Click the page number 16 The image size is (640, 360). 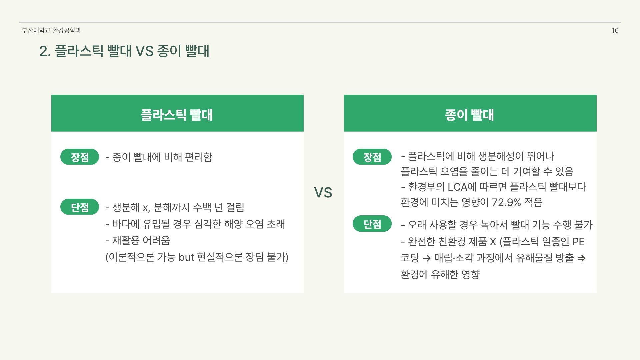coord(615,30)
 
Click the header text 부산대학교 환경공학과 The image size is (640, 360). coord(51,30)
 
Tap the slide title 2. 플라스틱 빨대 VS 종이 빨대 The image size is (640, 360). coord(124,51)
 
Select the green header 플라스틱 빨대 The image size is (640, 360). coord(177,115)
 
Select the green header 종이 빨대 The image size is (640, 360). coord(470,115)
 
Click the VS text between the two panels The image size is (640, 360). coord(323,193)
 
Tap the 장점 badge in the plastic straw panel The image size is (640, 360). coord(80,157)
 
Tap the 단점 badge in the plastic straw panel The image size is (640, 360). coord(80,207)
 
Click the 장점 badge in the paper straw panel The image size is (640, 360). coord(372,157)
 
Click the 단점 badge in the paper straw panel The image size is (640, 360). coord(372,224)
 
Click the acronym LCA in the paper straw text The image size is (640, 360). coord(457,187)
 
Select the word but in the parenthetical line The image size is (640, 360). coord(186,257)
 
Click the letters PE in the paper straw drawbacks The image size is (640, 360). coord(578,242)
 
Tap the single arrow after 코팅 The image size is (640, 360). coord(426,258)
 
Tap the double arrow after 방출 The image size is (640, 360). coord(581,258)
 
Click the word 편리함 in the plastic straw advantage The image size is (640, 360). coord(199,157)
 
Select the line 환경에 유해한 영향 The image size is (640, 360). coord(440,275)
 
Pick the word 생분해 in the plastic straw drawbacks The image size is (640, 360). coord(126,207)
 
